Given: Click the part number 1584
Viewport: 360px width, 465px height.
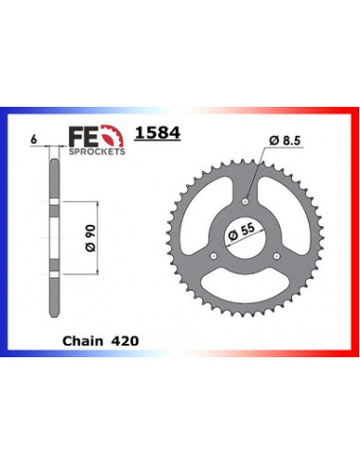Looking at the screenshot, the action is pyautogui.click(x=158, y=132).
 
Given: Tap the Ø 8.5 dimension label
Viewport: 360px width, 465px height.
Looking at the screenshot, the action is pyautogui.click(x=284, y=140).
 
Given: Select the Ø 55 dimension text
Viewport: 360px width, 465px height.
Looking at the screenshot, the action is pyautogui.click(x=241, y=232).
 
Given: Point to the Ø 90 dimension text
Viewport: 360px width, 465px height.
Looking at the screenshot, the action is pyautogui.click(x=91, y=238).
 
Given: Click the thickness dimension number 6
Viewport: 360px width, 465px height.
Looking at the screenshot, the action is pyautogui.click(x=33, y=140).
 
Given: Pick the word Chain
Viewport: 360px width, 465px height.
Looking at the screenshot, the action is pyautogui.click(x=82, y=341).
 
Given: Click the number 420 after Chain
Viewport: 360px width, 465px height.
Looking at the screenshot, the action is pyautogui.click(x=125, y=341).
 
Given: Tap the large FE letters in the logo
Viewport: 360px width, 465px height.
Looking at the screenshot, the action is pyautogui.click(x=83, y=137).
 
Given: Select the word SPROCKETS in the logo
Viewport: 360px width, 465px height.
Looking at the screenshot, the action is pyautogui.click(x=97, y=152).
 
